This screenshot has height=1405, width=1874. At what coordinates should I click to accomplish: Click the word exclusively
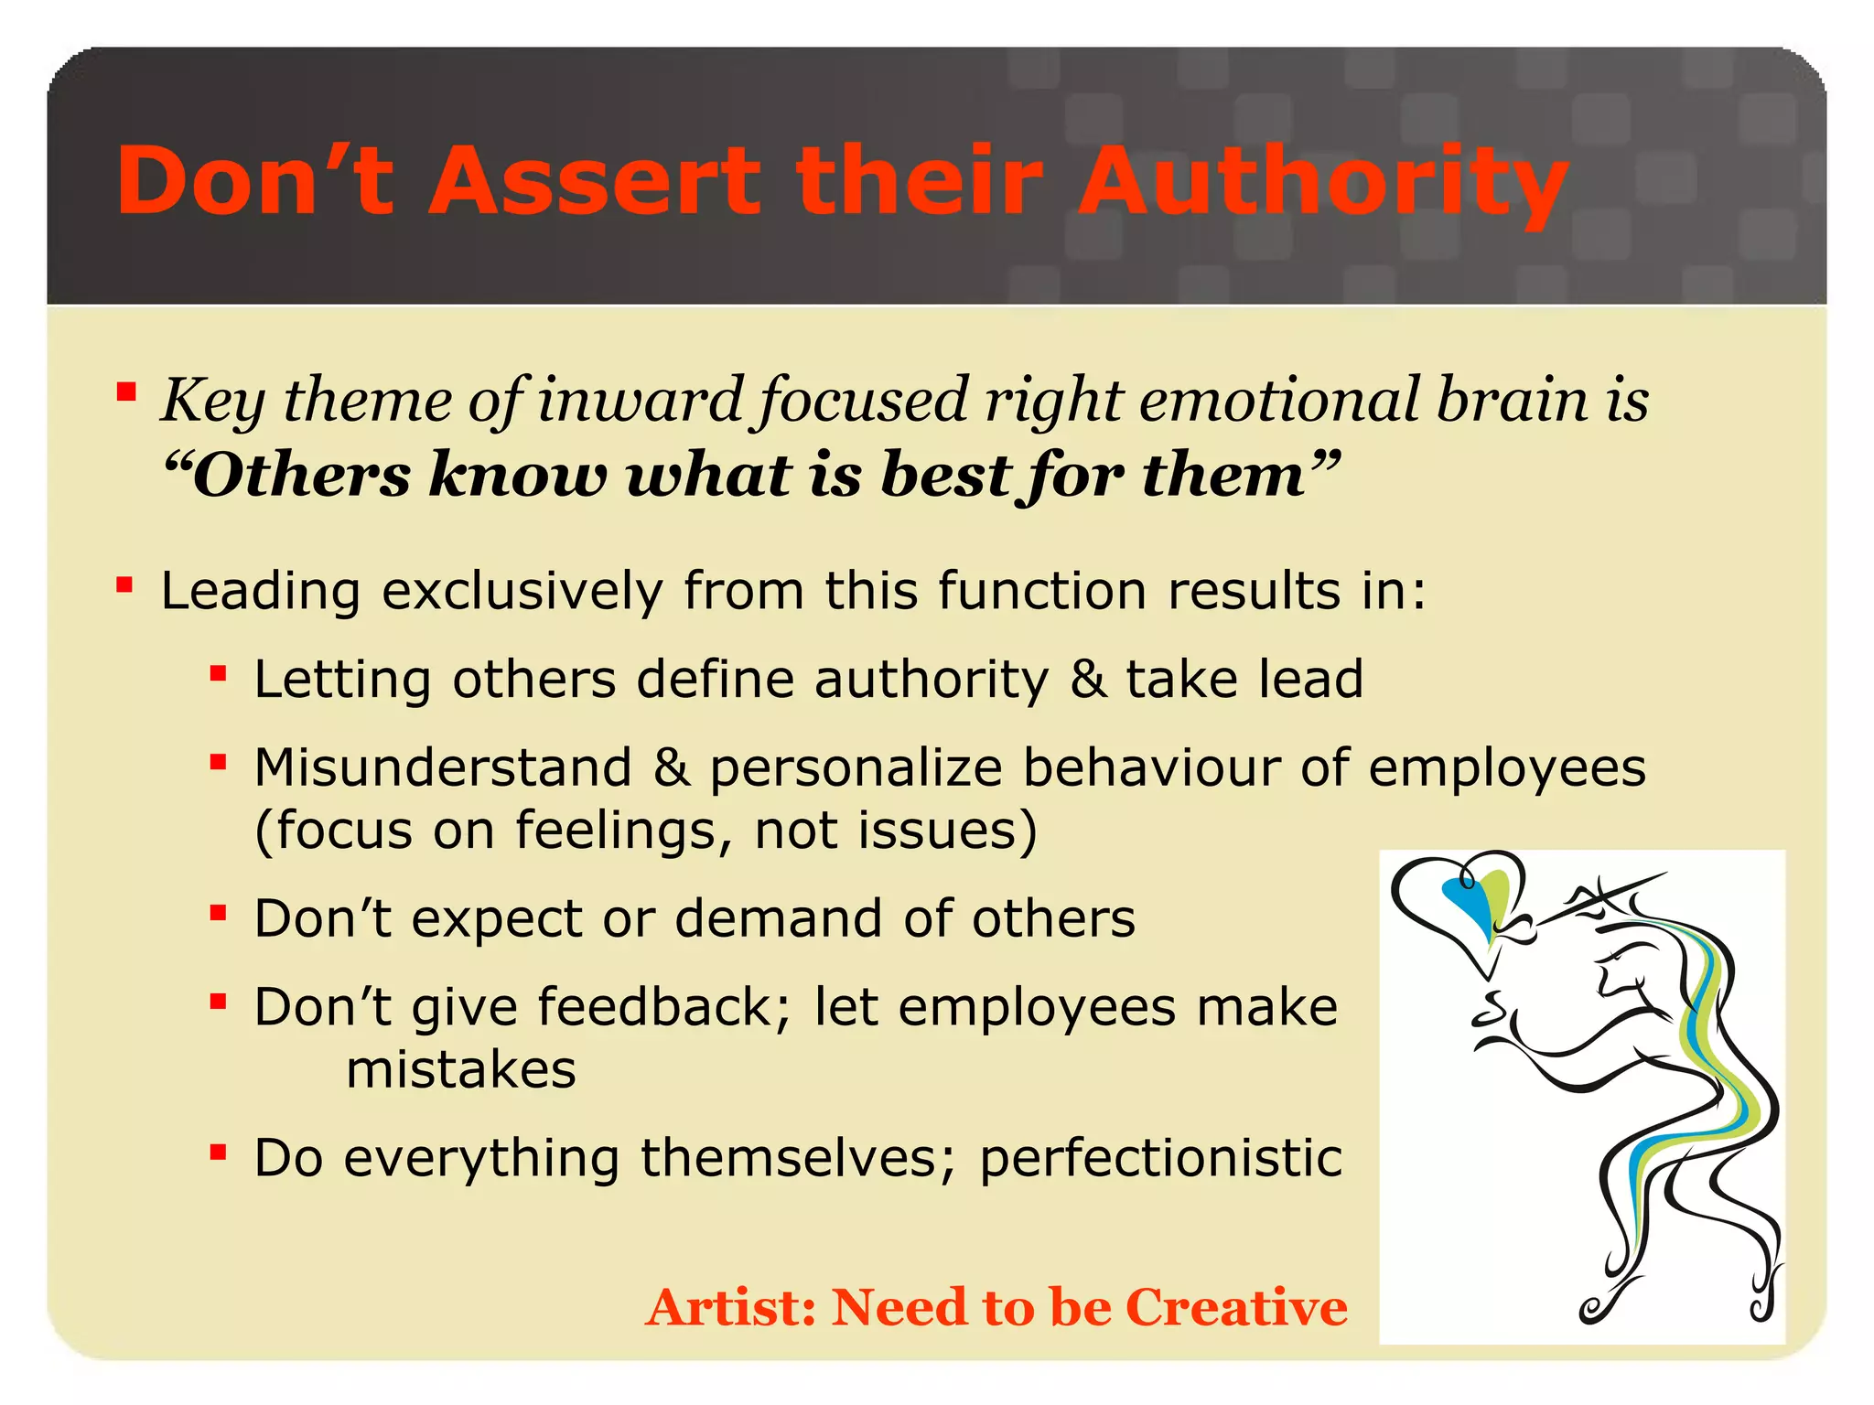coord(522,591)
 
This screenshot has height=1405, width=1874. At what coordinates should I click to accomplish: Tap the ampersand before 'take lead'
coord(1088,680)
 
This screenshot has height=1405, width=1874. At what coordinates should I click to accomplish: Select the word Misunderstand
coord(443,767)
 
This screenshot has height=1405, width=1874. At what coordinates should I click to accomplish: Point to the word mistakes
coord(461,1069)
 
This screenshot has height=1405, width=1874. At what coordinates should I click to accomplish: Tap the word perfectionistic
coord(1160,1158)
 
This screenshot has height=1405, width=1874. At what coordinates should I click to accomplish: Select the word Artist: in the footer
coord(730,1307)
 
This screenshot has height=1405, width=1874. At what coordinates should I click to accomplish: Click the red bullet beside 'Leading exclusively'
coord(125,585)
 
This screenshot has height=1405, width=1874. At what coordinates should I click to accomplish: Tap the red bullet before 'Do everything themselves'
coord(218,1152)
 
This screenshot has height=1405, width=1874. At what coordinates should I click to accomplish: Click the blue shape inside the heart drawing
coord(1466,901)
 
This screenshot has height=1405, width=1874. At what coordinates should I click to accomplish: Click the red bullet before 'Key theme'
coord(126,393)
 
